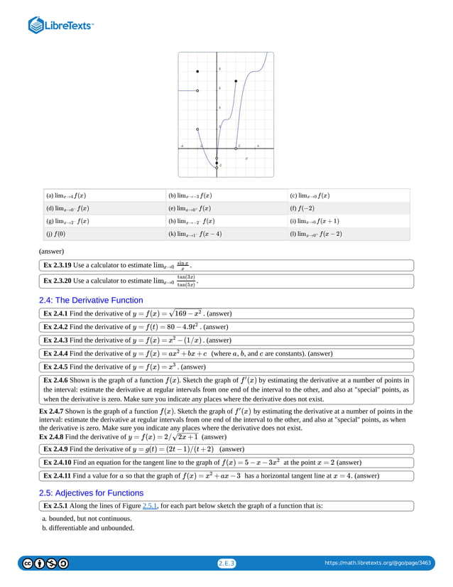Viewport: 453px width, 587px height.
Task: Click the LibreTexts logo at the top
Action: click(x=60, y=26)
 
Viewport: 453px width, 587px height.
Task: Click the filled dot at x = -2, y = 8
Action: click(x=197, y=72)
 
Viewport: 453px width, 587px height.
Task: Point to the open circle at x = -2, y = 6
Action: click(x=197, y=91)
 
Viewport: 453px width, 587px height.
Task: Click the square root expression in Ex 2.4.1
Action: click(x=190, y=313)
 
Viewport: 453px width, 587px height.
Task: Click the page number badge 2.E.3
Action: click(x=226, y=564)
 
